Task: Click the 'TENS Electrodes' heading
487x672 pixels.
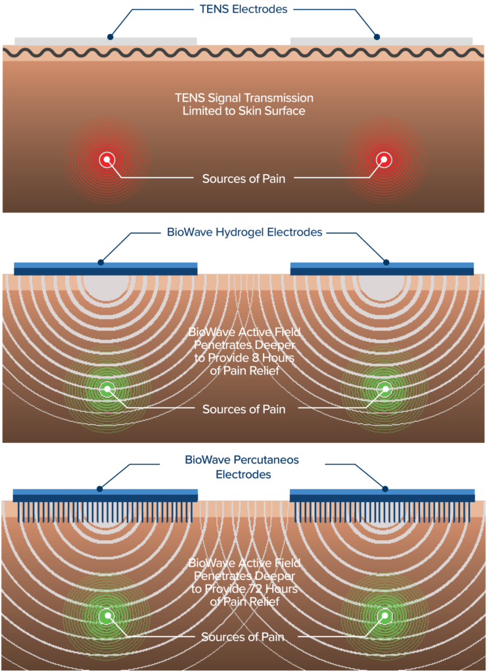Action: point(243,9)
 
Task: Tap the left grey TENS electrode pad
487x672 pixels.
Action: point(105,41)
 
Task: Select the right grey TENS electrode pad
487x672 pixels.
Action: point(381,41)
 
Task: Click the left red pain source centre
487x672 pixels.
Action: point(106,159)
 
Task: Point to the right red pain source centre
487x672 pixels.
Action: point(383,159)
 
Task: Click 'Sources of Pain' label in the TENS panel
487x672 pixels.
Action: point(244,178)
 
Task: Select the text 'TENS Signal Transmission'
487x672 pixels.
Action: point(244,98)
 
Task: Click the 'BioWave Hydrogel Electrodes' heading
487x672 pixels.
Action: point(243,232)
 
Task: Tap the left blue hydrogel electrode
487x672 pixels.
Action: point(105,268)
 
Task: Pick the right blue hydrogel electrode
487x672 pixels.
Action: point(382,268)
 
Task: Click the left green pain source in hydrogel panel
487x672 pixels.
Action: point(106,389)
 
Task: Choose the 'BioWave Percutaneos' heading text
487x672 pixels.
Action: point(243,460)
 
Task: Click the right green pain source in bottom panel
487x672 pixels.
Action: point(383,616)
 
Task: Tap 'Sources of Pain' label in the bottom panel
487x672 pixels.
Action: point(243,637)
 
